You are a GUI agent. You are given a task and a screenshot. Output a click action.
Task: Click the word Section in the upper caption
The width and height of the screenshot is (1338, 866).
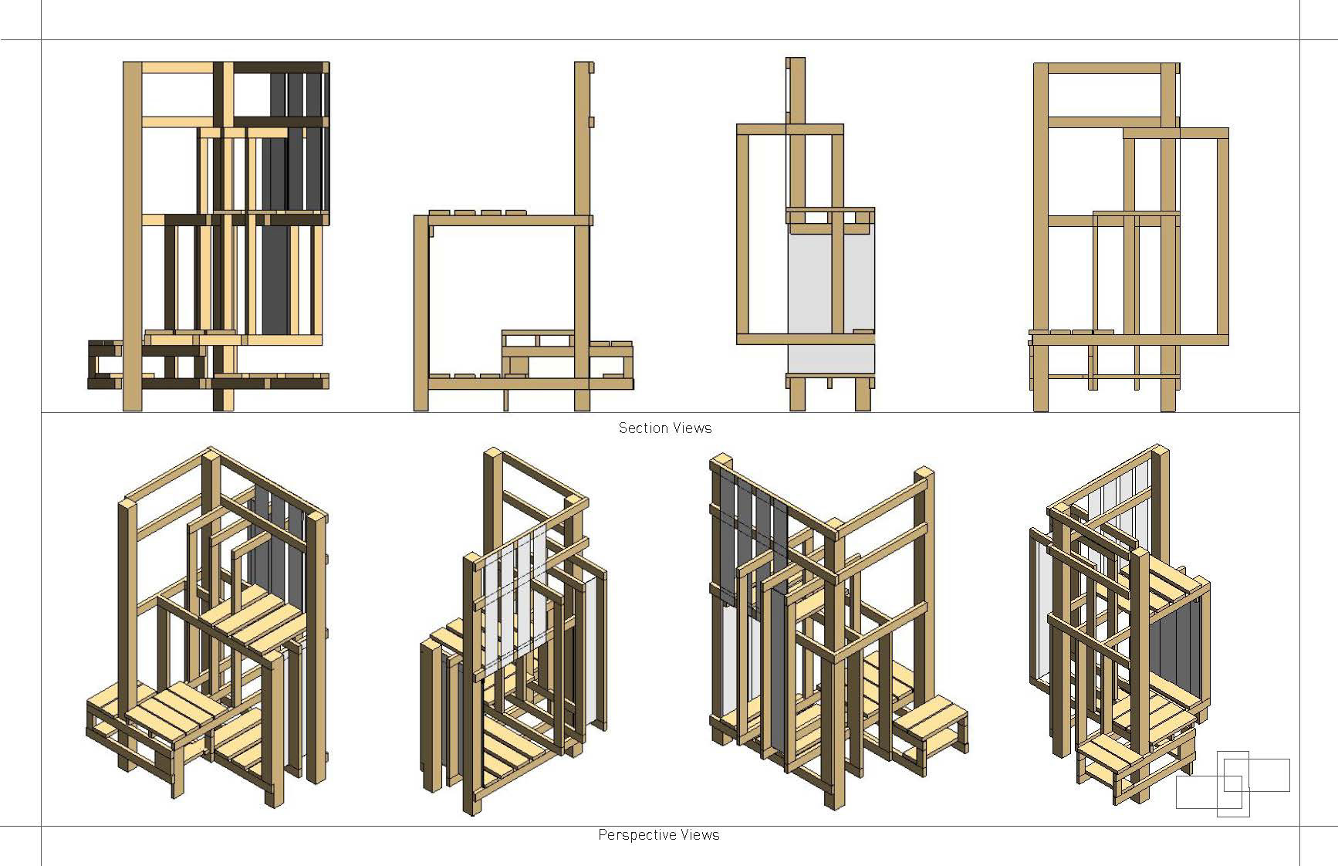click(640, 428)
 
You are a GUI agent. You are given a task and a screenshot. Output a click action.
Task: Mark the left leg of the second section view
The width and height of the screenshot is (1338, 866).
click(421, 309)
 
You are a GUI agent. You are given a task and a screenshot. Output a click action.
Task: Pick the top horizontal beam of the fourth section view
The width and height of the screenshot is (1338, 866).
click(1105, 68)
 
